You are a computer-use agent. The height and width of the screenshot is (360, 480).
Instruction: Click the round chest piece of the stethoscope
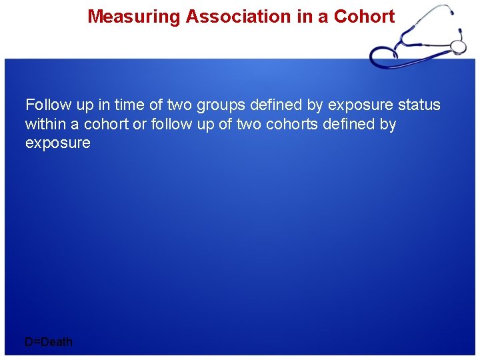pyautogui.click(x=458, y=46)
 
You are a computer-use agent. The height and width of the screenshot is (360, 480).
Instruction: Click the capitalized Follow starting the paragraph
pyautogui.click(x=48, y=105)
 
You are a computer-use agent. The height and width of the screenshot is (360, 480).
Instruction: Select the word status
pyautogui.click(x=419, y=105)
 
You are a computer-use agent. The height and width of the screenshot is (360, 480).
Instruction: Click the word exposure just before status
pyautogui.click(x=360, y=105)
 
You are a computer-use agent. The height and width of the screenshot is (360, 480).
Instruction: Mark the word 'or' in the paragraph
pyautogui.click(x=141, y=124)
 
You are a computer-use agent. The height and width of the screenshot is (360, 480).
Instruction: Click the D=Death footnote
pyautogui.click(x=49, y=342)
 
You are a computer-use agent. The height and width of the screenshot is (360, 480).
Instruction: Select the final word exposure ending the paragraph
pyautogui.click(x=57, y=143)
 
